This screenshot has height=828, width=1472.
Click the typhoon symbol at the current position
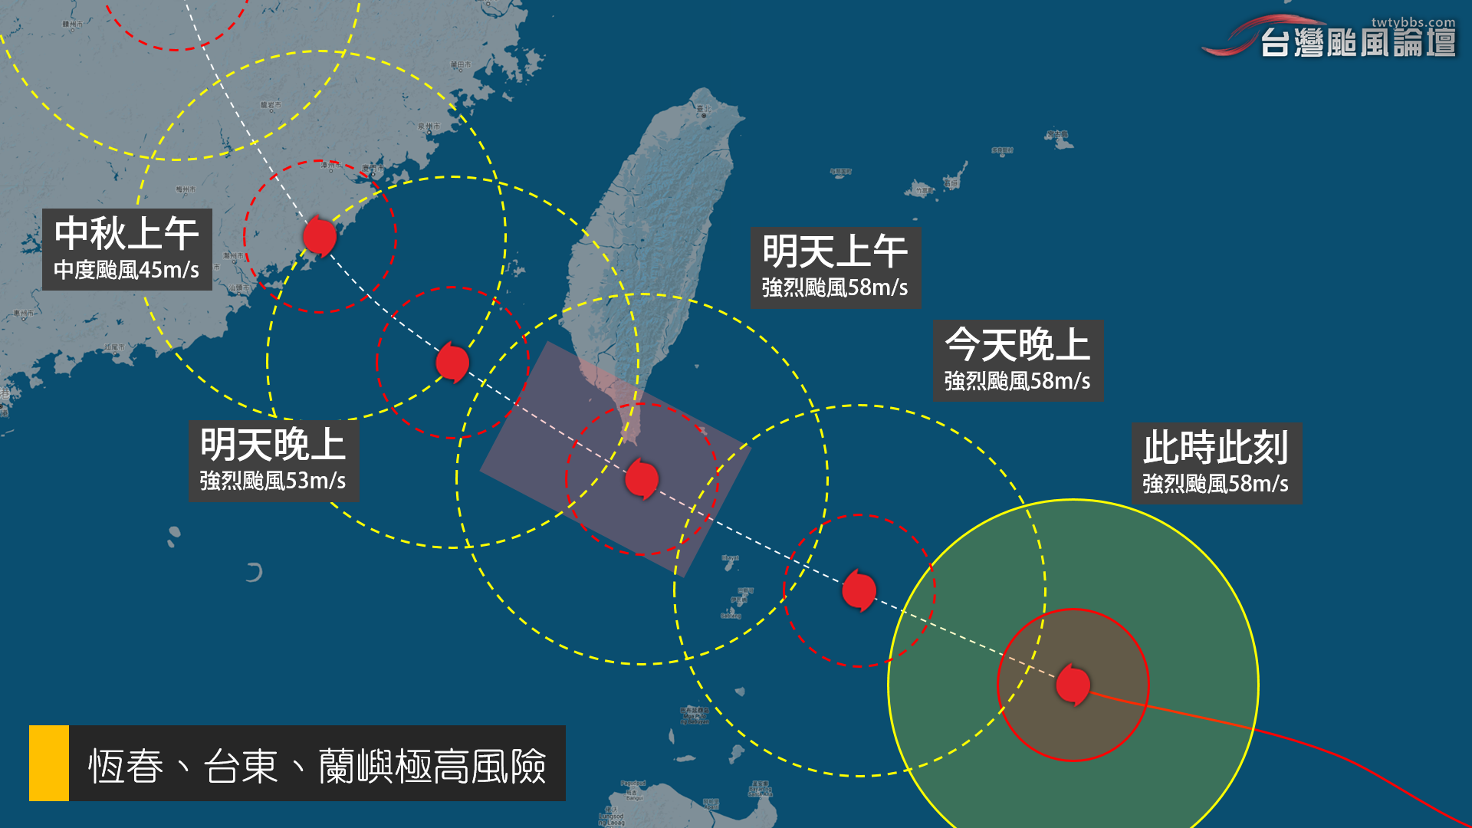1073,684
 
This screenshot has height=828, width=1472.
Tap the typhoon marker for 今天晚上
859,590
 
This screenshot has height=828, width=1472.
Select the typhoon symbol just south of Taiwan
642,479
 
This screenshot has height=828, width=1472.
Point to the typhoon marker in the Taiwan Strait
452,362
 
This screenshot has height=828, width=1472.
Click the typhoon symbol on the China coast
320,235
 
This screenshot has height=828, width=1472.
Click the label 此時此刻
1215,448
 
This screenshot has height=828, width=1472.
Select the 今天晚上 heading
1017,345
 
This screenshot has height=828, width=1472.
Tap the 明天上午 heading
835,251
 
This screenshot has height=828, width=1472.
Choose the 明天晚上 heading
273,445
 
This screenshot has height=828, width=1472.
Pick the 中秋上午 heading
127,233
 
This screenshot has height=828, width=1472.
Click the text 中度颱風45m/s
127,270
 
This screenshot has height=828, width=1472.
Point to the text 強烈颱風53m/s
273,481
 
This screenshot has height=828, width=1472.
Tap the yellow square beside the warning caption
49,763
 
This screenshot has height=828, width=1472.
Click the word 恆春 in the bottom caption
126,765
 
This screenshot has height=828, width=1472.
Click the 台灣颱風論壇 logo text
1358,43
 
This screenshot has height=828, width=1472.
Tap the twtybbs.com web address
1413,22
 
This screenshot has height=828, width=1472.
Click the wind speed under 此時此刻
1215,484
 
